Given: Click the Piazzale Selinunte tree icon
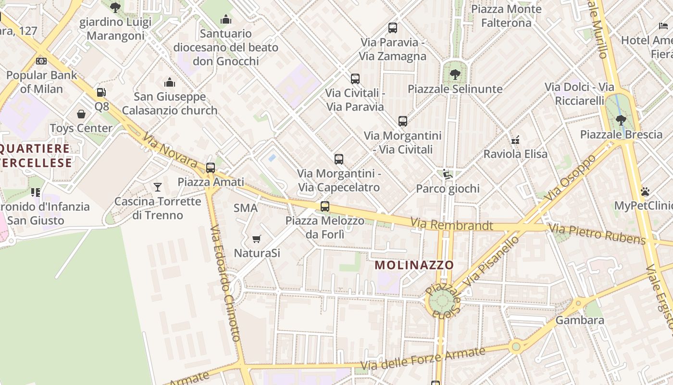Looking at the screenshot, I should pos(455,75).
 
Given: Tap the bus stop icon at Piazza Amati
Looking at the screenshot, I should pos(211,167).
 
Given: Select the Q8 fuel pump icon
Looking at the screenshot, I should pos(101,92).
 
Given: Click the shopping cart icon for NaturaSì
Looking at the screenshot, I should pos(257,239).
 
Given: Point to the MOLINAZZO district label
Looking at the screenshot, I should pos(414,265).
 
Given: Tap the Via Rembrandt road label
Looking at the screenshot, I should pos(451,225).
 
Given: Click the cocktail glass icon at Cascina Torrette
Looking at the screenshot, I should pos(158,187).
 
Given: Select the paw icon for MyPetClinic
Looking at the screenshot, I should pos(645,192).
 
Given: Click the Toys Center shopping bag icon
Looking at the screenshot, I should pos(81,114).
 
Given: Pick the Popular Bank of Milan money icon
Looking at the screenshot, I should pos(41,61).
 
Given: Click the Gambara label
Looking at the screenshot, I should pos(579,320).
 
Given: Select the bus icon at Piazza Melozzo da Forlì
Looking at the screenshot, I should pos(325,206).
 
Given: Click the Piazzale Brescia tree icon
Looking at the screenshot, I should pos(621,120).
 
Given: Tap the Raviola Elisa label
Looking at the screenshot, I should pos(515,154).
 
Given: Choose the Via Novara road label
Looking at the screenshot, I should pos(170,151).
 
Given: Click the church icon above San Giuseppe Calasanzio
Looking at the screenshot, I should pos(170,82).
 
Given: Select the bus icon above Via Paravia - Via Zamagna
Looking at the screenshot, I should pos(393,28).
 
